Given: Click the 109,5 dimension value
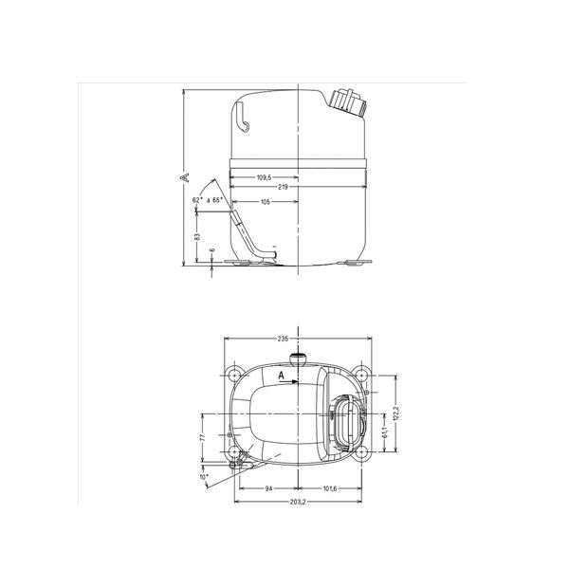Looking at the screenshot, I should point(265,177).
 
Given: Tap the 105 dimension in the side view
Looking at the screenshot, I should point(266,202).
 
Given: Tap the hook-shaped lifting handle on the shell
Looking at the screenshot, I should point(245,120).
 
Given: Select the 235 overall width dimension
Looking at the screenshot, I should point(283,339).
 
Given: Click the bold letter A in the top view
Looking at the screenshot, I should point(281,376).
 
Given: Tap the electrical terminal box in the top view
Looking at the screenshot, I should point(344,419).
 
